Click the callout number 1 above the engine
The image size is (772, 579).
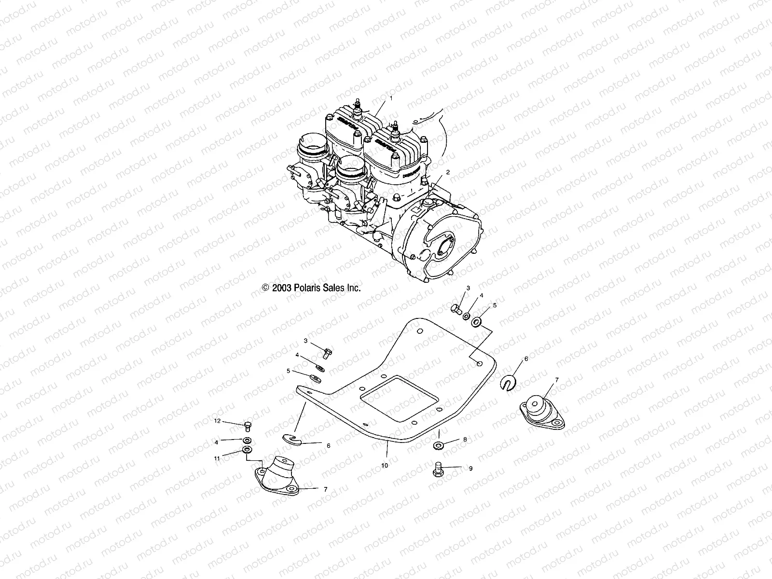(x=391, y=98)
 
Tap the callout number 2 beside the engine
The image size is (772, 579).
(x=448, y=172)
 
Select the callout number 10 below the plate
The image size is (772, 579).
(x=385, y=466)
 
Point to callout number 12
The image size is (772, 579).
(x=217, y=421)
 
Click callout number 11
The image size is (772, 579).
(x=217, y=458)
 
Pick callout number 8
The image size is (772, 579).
(x=465, y=440)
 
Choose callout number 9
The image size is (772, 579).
(x=470, y=468)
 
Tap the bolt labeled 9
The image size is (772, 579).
(x=438, y=469)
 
